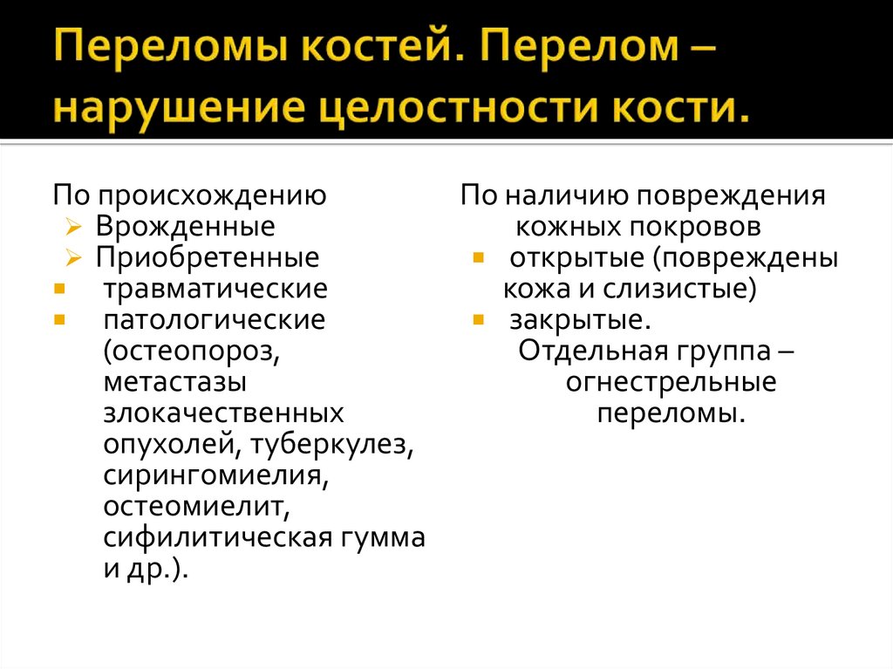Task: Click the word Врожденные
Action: [x=185, y=227]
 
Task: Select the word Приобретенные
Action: [x=207, y=257]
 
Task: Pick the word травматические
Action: [x=215, y=288]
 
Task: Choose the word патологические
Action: [x=214, y=319]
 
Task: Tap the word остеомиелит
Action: [x=193, y=507]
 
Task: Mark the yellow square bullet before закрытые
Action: [x=478, y=319]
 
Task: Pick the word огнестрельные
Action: [x=671, y=382]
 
